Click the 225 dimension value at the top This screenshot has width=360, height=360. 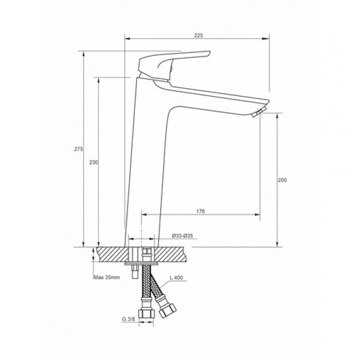[198, 35]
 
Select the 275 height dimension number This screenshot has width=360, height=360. [78, 149]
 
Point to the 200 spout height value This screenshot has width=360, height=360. [282, 180]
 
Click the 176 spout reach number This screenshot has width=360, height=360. [200, 211]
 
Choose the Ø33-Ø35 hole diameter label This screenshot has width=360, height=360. [182, 236]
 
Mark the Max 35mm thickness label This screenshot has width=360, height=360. [107, 277]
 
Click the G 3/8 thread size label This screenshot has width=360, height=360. [127, 319]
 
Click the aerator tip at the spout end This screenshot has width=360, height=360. [260, 113]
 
